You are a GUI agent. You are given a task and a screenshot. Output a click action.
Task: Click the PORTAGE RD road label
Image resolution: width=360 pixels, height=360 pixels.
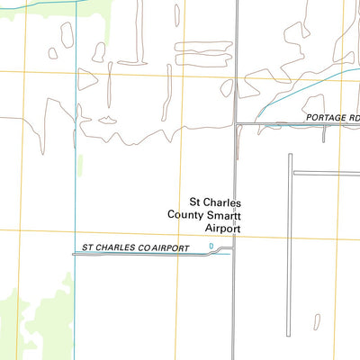click(332, 117)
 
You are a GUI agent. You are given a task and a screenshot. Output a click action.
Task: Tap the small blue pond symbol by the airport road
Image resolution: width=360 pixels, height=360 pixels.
click(211, 246)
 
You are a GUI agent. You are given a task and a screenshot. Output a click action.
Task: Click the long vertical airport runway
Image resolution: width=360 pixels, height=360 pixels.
click(291, 243)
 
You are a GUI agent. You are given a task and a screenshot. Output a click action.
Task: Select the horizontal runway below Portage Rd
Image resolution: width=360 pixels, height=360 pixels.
click(326, 172)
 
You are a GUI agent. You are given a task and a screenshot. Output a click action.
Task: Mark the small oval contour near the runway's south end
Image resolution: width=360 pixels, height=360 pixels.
click(317, 320)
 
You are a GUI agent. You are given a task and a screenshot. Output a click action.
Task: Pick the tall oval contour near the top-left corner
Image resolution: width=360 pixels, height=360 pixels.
click(66, 35)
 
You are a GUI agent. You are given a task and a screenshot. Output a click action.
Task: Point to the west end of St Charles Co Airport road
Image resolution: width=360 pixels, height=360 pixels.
click(74, 255)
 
